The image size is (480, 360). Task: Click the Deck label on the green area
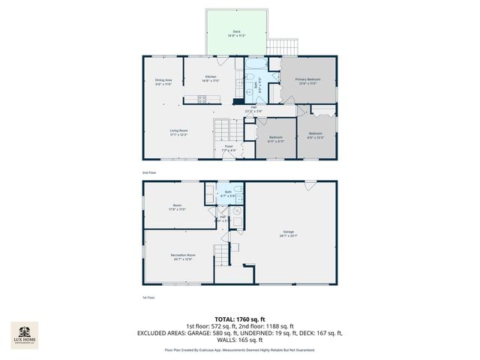click(236, 33)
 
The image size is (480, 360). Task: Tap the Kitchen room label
click(211, 79)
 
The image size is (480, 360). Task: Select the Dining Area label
click(163, 82)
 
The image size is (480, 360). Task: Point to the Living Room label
click(178, 133)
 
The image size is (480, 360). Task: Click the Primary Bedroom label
click(308, 80)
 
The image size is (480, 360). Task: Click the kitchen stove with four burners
click(201, 99)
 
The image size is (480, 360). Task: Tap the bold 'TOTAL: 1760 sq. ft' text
click(240, 319)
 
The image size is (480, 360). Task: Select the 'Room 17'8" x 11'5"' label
click(178, 208)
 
